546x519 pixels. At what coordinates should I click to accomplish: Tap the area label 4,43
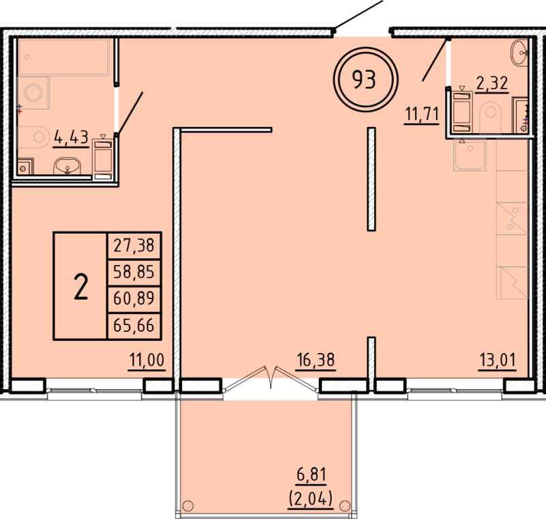click(x=71, y=137)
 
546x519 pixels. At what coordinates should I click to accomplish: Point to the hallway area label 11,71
click(x=422, y=113)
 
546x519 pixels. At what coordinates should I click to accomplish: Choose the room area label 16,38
click(x=315, y=359)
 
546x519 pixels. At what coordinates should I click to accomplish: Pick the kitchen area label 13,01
click(x=497, y=359)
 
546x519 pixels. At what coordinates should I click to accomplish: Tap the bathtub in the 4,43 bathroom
click(x=66, y=56)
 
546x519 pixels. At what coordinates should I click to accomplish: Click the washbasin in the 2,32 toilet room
click(x=520, y=49)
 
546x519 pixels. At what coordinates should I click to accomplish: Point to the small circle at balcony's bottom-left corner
click(x=189, y=506)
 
